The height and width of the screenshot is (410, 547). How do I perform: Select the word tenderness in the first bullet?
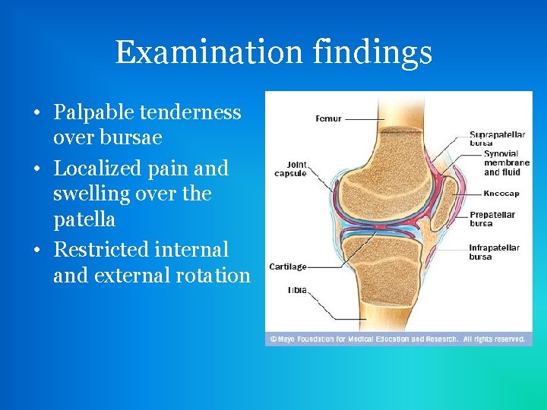tap(192, 112)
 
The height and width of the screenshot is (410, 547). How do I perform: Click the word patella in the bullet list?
tap(84, 220)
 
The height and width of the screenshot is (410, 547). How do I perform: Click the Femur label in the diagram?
tap(328, 118)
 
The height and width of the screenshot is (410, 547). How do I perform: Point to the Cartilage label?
tap(288, 266)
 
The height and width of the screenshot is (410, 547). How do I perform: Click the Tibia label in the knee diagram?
tap(297, 290)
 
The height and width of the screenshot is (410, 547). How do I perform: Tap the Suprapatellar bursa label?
tap(497, 138)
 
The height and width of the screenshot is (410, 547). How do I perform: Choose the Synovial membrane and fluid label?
tap(506, 162)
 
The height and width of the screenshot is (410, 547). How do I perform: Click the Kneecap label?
tap(501, 194)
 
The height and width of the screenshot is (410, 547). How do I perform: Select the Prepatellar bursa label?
tap(492, 219)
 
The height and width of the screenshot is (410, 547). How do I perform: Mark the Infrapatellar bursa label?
tap(494, 252)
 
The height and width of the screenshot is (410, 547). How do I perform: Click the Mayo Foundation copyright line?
tap(395, 339)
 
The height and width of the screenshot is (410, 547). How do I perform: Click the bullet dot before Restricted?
tap(36, 249)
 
